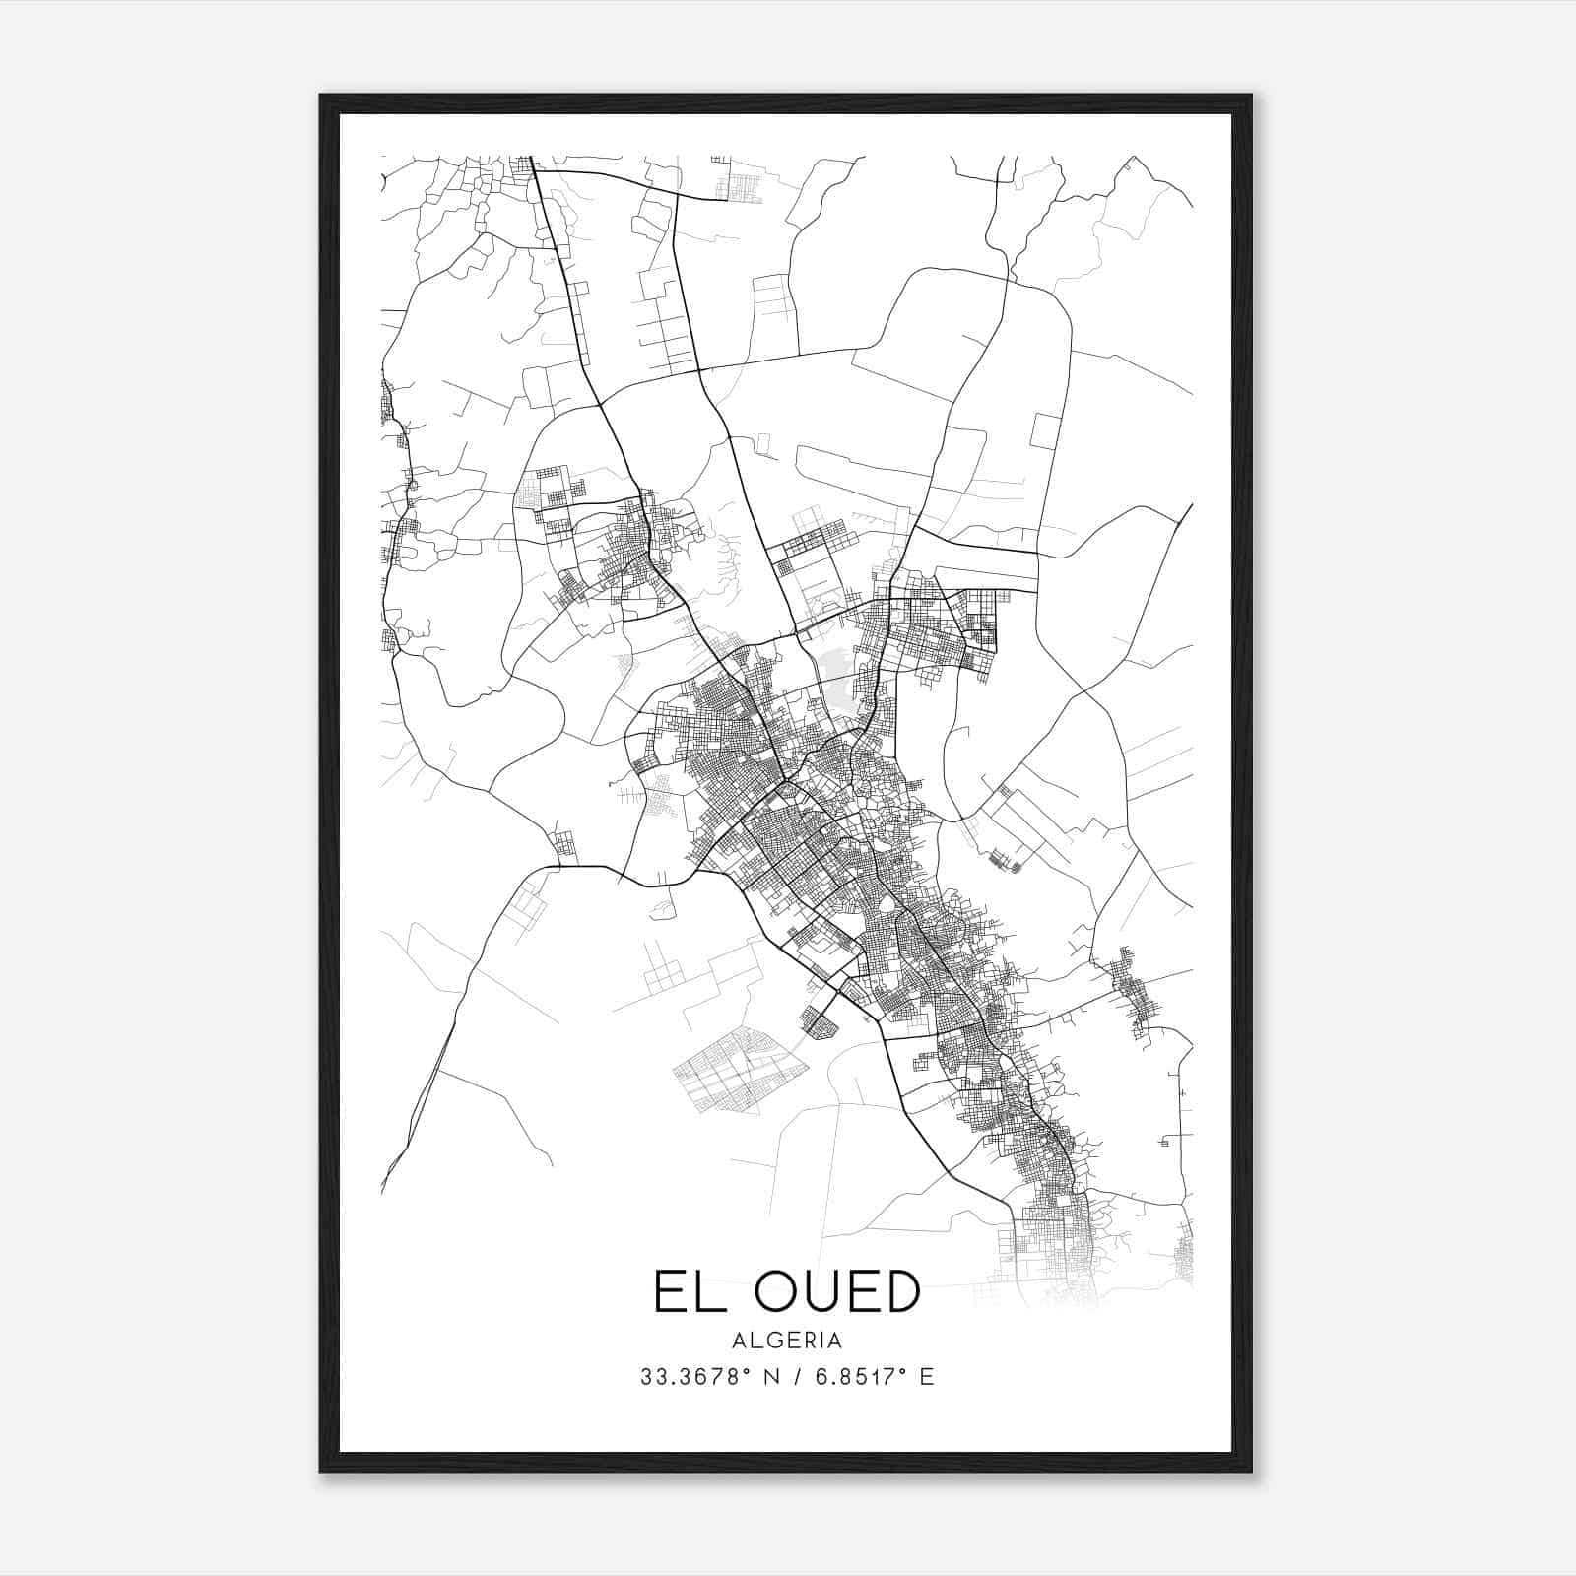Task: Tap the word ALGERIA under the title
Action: click(787, 1341)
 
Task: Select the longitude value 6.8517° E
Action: click(867, 1377)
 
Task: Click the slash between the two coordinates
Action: click(787, 1377)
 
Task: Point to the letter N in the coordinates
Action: click(758, 1377)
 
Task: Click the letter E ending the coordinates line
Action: click(926, 1377)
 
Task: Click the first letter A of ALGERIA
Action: click(739, 1341)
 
